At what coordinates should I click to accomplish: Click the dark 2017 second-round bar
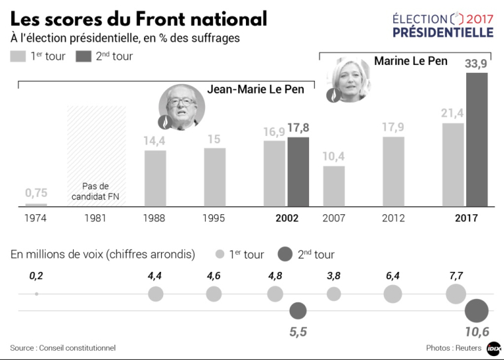[x=477, y=139]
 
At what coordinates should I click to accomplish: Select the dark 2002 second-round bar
[x=298, y=171]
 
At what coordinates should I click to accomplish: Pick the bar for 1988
[x=155, y=178]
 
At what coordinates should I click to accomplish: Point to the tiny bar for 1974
[x=36, y=204]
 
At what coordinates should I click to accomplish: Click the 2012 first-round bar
[x=393, y=171]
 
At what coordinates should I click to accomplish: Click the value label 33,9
[x=477, y=64]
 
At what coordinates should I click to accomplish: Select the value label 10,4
[x=334, y=156]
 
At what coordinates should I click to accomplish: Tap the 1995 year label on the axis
[x=214, y=218]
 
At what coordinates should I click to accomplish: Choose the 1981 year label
[x=95, y=218]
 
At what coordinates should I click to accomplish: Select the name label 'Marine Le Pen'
[x=410, y=61]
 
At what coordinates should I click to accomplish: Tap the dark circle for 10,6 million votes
[x=476, y=310]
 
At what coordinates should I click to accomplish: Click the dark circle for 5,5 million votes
[x=298, y=310]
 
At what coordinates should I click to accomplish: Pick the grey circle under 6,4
[x=393, y=294]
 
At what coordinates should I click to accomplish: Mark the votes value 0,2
[x=36, y=274]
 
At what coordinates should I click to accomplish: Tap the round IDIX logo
[x=493, y=348]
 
